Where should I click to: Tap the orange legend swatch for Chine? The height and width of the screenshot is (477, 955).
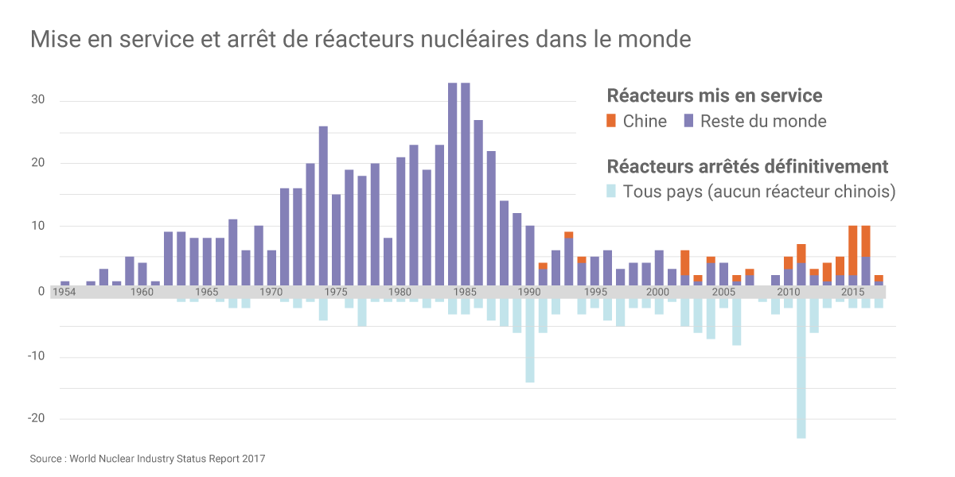pos(611,121)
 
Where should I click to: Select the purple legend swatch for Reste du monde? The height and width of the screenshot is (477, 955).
pos(689,121)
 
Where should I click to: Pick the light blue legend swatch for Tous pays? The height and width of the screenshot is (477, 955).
pos(611,192)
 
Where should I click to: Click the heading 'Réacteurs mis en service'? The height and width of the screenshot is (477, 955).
pos(714,96)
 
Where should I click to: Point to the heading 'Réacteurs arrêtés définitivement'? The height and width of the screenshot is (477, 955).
pos(747,167)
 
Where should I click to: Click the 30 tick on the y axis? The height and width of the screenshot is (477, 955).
pos(39,100)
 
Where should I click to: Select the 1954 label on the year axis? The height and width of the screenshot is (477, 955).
pos(65,292)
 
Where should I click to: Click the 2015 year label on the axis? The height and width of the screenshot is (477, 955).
pos(852,292)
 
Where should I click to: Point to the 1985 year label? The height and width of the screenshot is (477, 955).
pos(466,292)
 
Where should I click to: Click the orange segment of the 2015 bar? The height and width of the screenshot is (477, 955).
pos(852,250)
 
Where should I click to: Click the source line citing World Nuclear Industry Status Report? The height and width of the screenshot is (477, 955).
pos(147,459)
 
